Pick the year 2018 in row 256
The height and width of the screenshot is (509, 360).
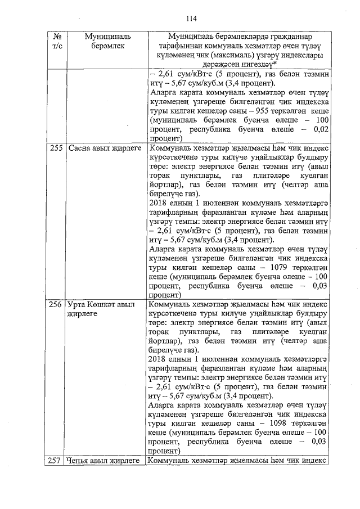point(158,359)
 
